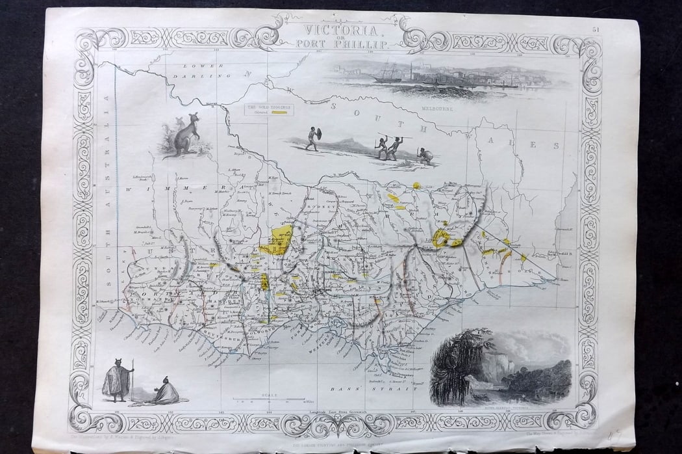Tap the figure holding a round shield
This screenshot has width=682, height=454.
[x=313, y=138]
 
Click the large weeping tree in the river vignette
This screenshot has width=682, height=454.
[x=455, y=364]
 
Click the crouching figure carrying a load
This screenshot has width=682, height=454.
[x=425, y=156]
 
